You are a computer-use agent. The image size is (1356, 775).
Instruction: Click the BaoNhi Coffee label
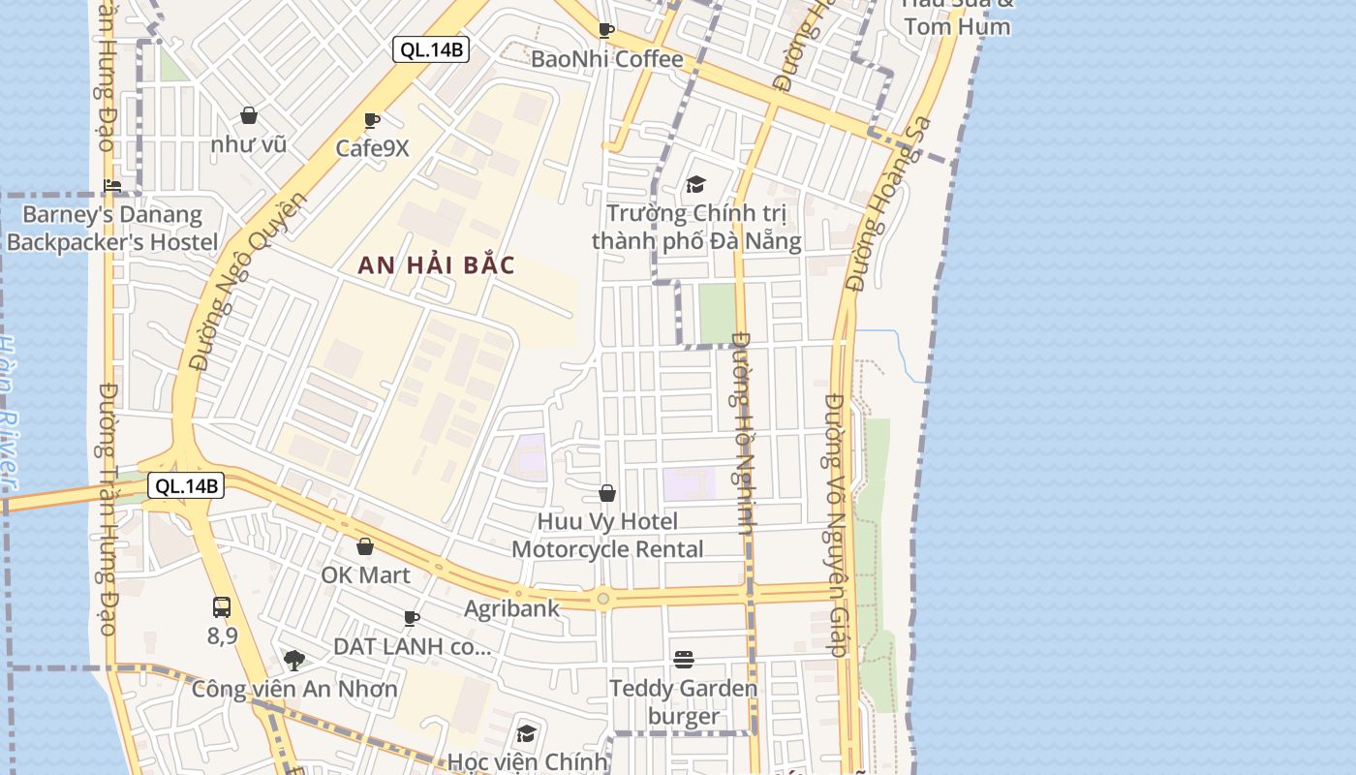point(606,59)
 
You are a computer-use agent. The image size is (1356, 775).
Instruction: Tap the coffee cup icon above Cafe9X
point(371,120)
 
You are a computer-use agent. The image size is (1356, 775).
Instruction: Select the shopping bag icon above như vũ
point(249,115)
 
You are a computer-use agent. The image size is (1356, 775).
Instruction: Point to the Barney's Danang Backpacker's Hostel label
point(112,229)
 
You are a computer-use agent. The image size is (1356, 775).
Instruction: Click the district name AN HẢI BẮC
point(436,265)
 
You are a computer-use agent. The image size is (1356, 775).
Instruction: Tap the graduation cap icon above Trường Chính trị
point(695,184)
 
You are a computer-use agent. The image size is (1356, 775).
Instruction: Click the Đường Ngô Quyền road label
point(248,282)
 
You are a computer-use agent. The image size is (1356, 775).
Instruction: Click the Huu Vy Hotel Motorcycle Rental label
point(607,536)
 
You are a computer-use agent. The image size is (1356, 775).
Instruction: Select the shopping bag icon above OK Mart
point(365,546)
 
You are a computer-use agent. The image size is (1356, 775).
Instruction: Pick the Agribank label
point(511,608)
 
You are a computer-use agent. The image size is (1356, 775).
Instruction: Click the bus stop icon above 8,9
point(222,607)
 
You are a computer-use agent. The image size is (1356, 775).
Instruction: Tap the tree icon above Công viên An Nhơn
point(294,661)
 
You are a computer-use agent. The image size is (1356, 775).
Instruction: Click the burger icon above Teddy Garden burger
point(684,660)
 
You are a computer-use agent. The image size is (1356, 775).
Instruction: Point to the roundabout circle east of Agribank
point(603,600)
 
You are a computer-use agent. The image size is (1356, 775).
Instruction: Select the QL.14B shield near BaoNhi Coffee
point(431,49)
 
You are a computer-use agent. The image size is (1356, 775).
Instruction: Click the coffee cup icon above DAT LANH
point(412,617)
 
